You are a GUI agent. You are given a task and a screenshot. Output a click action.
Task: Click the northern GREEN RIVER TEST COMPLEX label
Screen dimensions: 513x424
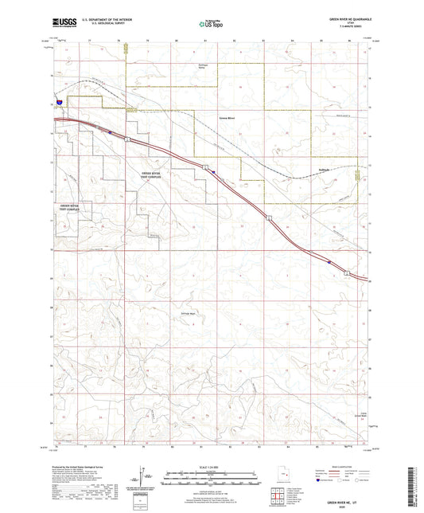(x=151, y=174)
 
